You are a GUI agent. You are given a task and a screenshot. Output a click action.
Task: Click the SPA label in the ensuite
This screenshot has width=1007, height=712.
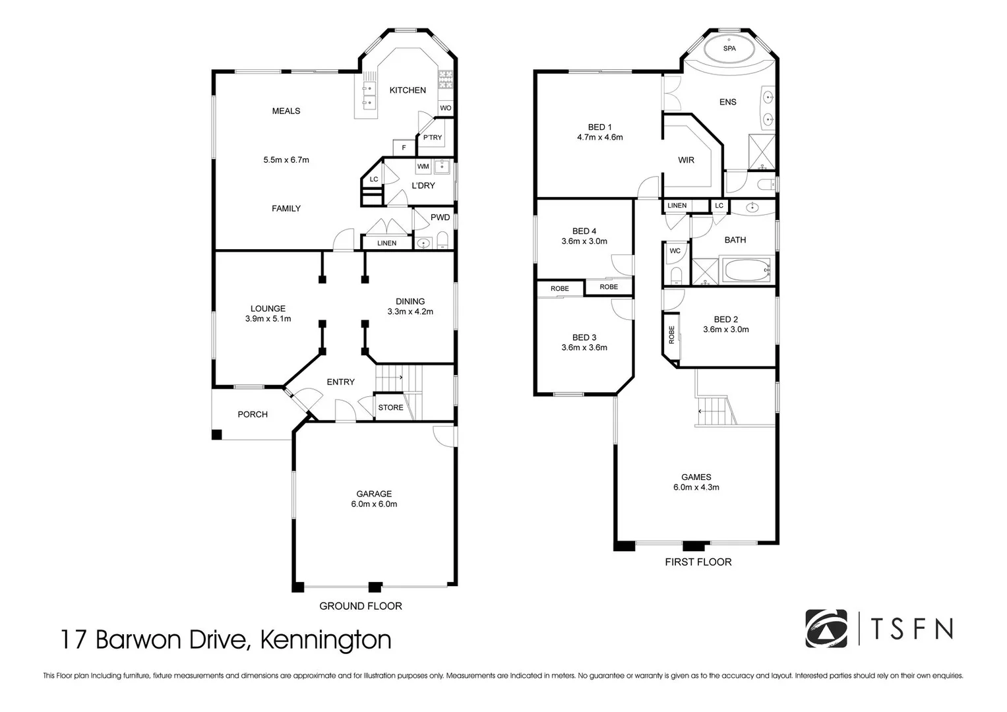pyautogui.click(x=729, y=48)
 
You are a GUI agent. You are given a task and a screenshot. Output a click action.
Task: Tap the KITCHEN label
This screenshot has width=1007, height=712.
pyautogui.click(x=408, y=90)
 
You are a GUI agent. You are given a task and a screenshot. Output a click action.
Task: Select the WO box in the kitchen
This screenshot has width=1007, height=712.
pyautogui.click(x=446, y=108)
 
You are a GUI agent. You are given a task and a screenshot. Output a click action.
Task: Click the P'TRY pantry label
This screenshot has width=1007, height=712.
pyautogui.click(x=433, y=138)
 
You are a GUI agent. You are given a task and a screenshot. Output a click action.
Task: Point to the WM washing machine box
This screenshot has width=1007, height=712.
pyautogui.click(x=423, y=167)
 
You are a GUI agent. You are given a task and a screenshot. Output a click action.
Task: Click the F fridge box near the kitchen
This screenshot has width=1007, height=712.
pyautogui.click(x=404, y=148)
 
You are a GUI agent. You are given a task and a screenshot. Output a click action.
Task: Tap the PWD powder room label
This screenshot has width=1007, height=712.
pyautogui.click(x=440, y=218)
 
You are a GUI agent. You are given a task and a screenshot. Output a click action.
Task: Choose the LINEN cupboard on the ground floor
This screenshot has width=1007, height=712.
pyautogui.click(x=386, y=243)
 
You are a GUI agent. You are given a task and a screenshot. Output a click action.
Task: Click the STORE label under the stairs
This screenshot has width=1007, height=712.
pyautogui.click(x=390, y=407)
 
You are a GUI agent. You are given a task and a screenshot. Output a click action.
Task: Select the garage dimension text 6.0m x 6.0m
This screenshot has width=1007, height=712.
pyautogui.click(x=374, y=504)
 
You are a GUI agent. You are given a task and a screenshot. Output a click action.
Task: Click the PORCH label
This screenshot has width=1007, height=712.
pyautogui.click(x=253, y=415)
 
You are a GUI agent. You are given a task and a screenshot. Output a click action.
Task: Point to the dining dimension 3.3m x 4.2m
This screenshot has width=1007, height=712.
pyautogui.click(x=410, y=312)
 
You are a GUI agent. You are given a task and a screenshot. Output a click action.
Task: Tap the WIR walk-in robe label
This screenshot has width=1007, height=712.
pyautogui.click(x=686, y=160)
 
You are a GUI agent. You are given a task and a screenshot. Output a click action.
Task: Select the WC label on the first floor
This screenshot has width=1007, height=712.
pyautogui.click(x=675, y=251)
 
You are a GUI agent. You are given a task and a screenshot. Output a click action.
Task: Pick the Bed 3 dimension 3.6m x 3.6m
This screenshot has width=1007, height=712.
pyautogui.click(x=584, y=347)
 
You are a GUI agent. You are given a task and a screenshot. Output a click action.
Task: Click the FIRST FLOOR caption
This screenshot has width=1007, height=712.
pyautogui.click(x=698, y=562)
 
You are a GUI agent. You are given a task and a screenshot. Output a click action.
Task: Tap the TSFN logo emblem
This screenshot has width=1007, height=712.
pyautogui.click(x=826, y=628)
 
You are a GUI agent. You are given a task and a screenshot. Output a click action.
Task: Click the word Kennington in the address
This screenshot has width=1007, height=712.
pyautogui.click(x=326, y=639)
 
